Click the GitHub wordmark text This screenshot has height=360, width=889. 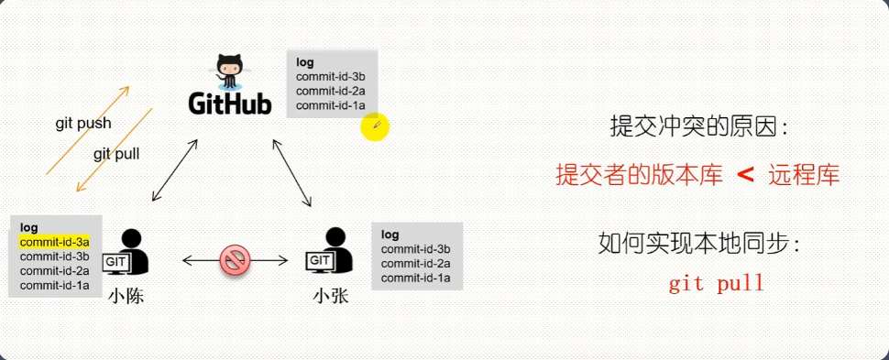click(x=230, y=104)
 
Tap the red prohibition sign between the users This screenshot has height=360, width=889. click(x=235, y=261)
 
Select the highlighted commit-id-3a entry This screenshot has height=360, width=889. click(x=54, y=242)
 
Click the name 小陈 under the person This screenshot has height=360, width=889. click(x=125, y=296)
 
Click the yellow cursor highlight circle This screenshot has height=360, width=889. click(x=375, y=127)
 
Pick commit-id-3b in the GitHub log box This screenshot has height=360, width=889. click(x=330, y=77)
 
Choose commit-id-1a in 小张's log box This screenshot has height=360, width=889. click(x=415, y=278)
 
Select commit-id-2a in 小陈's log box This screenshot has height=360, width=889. click(x=54, y=270)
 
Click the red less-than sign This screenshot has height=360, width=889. click(x=745, y=174)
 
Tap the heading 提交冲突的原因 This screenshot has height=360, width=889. click(x=697, y=125)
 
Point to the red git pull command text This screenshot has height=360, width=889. click(x=716, y=283)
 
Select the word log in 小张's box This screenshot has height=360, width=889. click(x=390, y=235)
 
